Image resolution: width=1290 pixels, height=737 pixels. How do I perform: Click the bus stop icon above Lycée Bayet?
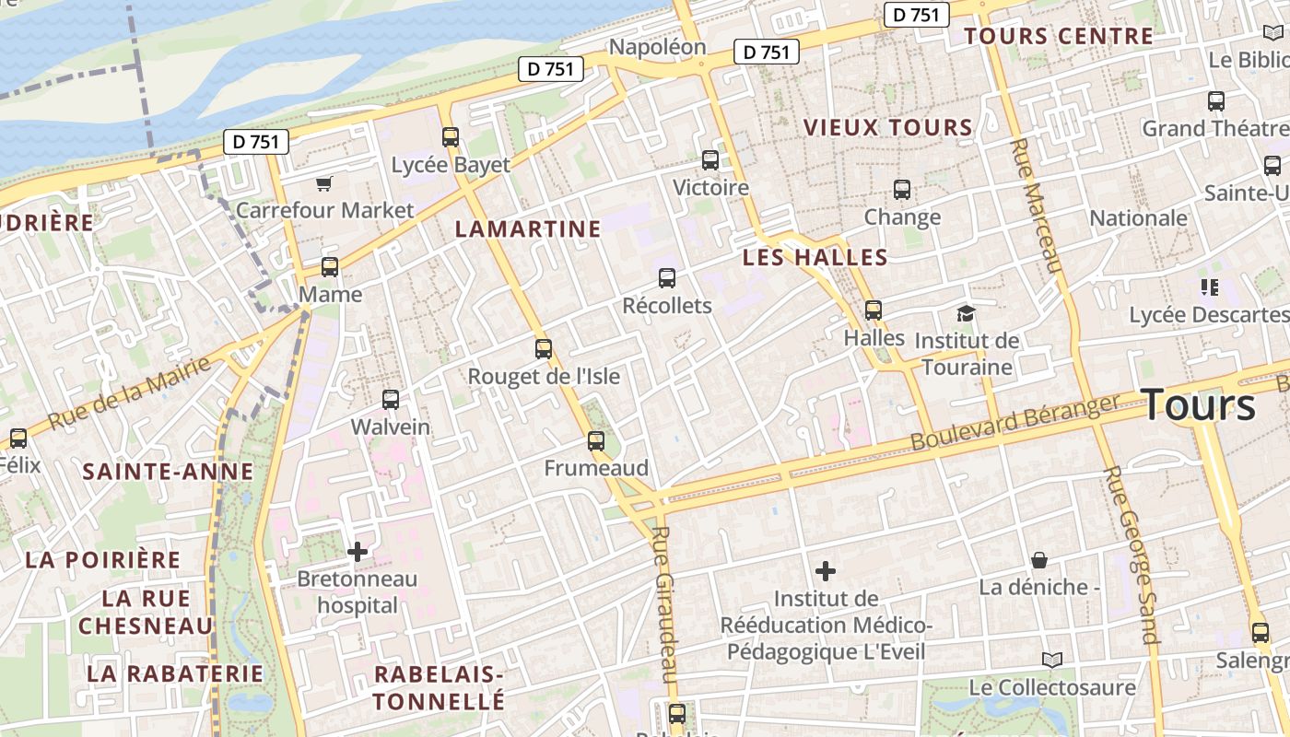451,137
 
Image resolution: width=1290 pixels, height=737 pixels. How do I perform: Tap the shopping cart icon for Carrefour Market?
323,183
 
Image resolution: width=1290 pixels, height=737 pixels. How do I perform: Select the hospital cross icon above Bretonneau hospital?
358,552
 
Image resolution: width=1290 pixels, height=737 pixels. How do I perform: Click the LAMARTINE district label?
528,228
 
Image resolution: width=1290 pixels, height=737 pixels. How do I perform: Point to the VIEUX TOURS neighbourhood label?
888,127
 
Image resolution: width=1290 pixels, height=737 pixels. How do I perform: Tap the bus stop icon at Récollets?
667,277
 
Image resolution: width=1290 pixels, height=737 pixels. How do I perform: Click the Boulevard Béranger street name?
1014,422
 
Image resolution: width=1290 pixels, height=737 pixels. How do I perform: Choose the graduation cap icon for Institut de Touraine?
966,313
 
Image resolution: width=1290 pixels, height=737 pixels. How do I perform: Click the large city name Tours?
1198,404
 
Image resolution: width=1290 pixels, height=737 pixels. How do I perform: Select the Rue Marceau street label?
1037,205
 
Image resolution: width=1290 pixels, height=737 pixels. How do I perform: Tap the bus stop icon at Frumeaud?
596,440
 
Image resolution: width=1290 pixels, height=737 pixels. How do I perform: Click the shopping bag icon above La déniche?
1039,559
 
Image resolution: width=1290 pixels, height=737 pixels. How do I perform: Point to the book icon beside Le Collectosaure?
1051,660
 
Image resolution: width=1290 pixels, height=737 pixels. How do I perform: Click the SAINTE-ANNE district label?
168,472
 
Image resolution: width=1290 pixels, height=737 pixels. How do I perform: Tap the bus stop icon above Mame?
330,267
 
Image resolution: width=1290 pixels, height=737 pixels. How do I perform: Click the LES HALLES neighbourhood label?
815,257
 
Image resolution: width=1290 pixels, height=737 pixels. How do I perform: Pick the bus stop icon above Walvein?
391,400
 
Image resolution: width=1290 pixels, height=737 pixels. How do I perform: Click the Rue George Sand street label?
1131,554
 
